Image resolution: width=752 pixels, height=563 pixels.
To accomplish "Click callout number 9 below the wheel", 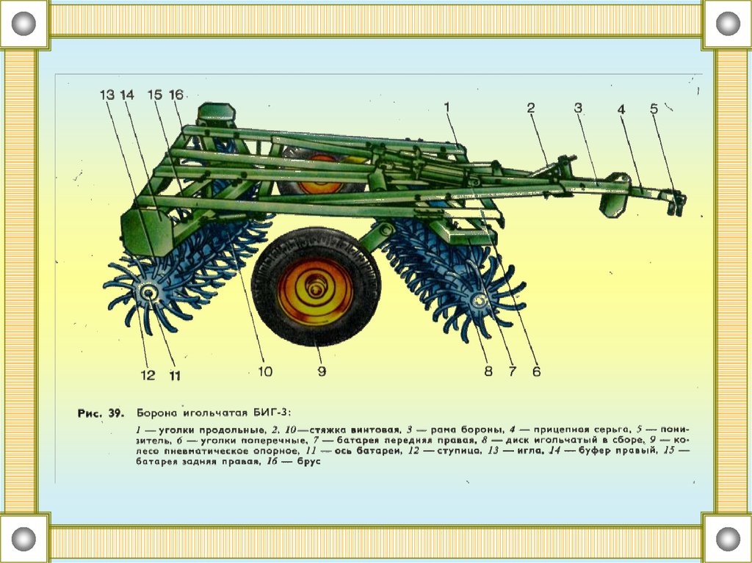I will [x=322, y=371].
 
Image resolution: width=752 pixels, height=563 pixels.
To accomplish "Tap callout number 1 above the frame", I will [x=446, y=107].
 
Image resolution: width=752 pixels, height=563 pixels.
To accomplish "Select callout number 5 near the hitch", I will [x=654, y=109].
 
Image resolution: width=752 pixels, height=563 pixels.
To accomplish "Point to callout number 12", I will [x=148, y=375].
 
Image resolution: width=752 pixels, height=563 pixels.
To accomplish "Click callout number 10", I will [x=264, y=371].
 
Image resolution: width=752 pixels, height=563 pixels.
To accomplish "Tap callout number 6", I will [x=536, y=371].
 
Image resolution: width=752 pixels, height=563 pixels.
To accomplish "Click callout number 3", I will [x=578, y=108].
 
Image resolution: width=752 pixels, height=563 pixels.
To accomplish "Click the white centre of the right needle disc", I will [x=480, y=299].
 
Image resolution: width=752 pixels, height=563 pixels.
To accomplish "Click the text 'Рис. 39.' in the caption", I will [x=99, y=413].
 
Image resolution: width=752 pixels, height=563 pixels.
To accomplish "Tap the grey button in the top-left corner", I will [x=23, y=24].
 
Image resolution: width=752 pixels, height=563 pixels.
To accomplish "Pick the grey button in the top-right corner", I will [x=728, y=24].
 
